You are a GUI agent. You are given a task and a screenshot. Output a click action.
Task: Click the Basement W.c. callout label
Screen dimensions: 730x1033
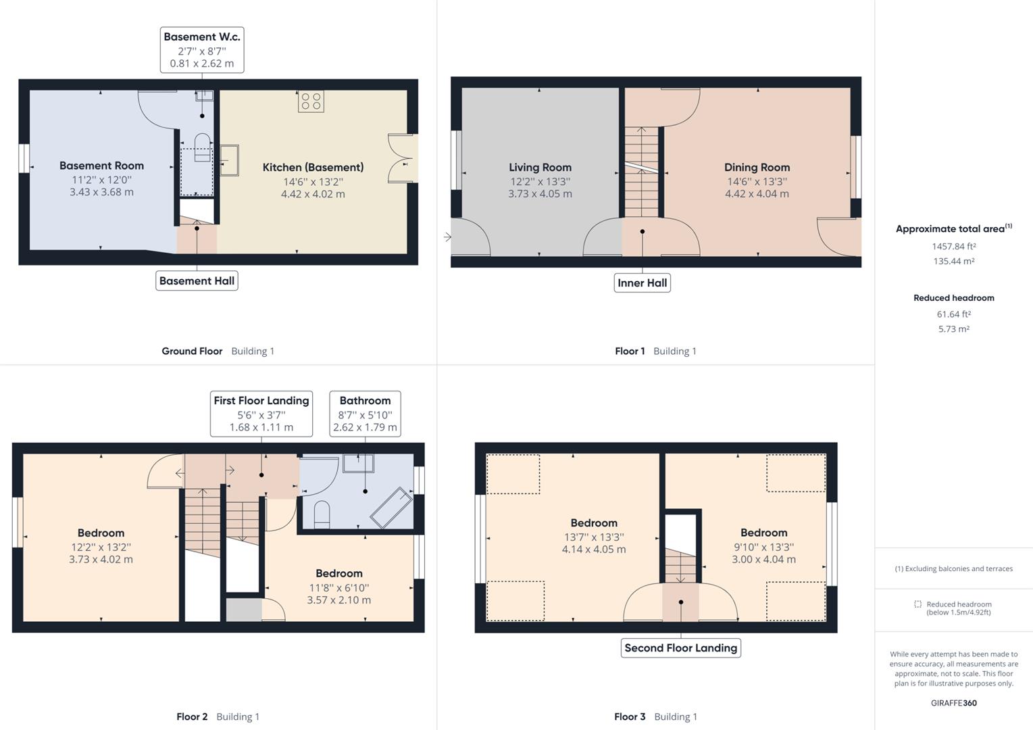pos(201,49)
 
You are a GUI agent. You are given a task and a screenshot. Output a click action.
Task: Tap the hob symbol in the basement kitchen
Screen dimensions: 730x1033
pos(311,101)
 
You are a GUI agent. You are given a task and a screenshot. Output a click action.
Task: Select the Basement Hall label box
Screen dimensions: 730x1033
pos(197,281)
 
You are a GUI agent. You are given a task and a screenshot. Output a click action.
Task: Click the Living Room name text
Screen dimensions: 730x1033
pos(540,167)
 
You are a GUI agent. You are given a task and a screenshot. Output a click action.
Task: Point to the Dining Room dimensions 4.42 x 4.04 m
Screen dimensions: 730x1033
pos(757,194)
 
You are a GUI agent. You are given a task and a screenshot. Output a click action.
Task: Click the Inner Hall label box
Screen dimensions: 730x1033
pos(642,283)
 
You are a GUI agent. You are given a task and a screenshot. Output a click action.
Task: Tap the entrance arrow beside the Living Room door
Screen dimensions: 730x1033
pos(447,237)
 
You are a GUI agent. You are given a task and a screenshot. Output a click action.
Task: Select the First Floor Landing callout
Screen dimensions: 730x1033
pos(261,413)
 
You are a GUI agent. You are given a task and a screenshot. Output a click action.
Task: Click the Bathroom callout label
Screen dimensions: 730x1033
pos(365,413)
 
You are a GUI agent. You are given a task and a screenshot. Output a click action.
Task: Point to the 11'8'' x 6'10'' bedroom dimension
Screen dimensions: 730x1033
pos(338,587)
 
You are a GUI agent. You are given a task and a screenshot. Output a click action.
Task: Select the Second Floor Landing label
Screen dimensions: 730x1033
pos(680,648)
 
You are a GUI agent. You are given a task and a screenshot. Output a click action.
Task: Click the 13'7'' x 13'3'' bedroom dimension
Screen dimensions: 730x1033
pos(593,537)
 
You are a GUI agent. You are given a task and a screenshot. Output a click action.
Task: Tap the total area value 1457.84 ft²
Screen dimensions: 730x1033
pos(953,247)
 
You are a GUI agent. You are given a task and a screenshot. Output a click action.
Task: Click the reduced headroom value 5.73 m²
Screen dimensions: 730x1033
pos(953,329)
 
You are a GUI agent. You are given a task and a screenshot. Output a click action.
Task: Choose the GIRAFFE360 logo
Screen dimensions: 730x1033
pos(953,703)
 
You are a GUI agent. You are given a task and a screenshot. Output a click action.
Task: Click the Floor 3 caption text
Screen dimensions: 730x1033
pos(630,716)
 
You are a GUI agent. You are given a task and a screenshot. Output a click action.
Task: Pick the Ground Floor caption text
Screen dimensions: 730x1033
pos(192,351)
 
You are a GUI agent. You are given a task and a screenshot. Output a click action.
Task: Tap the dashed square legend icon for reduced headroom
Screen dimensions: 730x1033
pos(917,604)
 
